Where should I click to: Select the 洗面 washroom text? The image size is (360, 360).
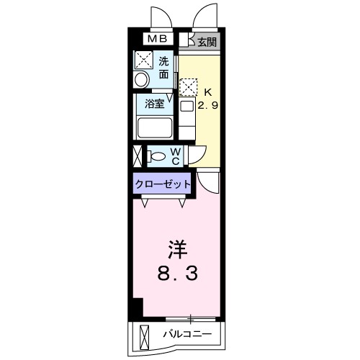tap(163, 67)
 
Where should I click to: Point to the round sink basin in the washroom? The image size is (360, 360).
tap(143, 78)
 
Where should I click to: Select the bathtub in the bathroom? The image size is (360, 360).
tap(155, 129)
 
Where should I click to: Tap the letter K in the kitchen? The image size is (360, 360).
tap(207, 92)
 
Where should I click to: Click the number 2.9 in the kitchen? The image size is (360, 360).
tap(207, 104)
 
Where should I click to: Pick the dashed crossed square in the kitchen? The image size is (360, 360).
tap(187, 88)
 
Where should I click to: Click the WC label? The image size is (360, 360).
tap(176, 155)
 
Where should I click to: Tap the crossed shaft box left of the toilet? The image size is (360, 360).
tap(138, 155)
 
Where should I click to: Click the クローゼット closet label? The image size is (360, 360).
tap(163, 184)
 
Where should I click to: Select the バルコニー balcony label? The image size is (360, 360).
tap(186, 334)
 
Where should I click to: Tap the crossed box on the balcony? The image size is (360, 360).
tap(145, 335)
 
